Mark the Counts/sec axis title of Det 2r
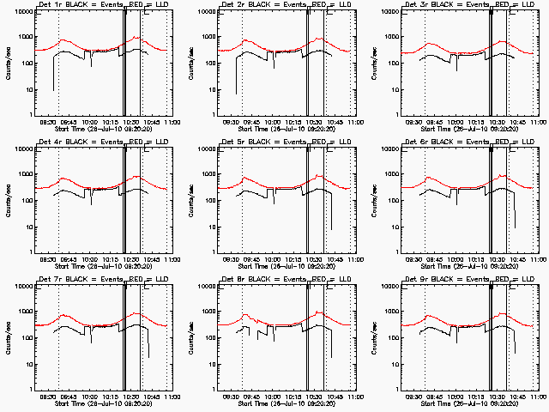click(190, 63)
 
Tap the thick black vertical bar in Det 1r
click(124, 60)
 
